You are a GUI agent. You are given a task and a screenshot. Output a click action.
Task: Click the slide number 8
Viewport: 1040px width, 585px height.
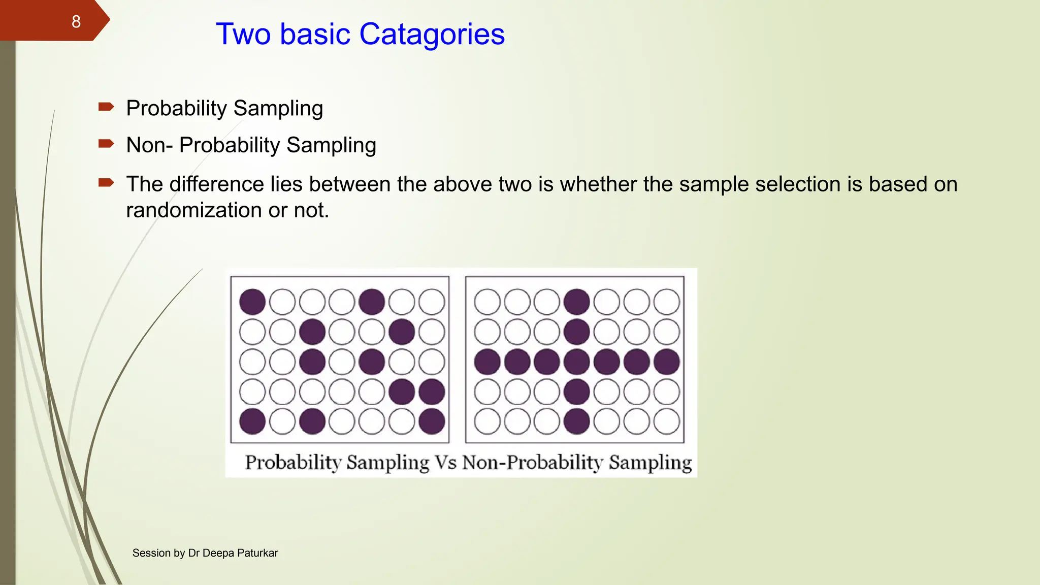tap(76, 22)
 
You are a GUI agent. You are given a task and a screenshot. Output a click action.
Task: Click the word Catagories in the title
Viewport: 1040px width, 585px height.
tap(432, 35)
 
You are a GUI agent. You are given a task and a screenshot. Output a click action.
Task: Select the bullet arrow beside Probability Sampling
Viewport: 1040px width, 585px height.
tap(106, 107)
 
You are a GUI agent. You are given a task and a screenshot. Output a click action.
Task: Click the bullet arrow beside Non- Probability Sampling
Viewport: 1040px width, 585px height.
tap(106, 144)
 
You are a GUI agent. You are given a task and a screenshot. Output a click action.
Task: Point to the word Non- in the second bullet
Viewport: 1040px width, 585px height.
tap(149, 145)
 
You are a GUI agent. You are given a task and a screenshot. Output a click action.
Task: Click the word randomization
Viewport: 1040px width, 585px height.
tap(193, 210)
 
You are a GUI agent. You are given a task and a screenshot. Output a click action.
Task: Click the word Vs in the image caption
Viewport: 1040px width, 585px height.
tap(445, 463)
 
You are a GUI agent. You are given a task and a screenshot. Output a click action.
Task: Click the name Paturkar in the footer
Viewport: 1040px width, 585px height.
tap(257, 553)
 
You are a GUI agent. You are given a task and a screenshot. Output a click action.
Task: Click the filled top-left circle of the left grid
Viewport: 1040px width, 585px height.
tap(252, 302)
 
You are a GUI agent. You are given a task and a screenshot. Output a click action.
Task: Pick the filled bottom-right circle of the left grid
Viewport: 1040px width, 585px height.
tap(432, 421)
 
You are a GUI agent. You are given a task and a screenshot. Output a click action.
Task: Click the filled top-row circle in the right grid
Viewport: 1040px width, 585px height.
tap(577, 302)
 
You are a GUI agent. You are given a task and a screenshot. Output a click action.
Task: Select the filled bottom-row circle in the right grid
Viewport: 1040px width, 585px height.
tap(577, 421)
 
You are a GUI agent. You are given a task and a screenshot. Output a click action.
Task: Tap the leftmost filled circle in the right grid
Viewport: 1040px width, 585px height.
tap(487, 362)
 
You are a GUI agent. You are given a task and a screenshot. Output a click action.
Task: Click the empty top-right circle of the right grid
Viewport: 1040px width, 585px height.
tap(667, 302)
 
